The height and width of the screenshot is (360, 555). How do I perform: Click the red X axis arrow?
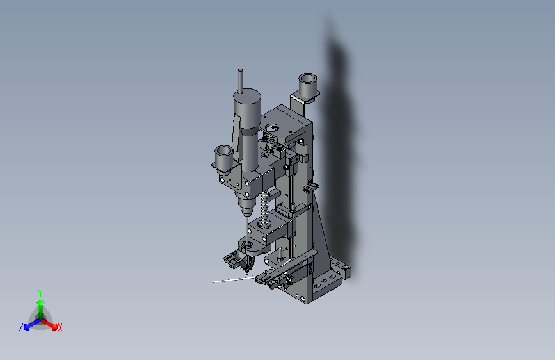coord(51,323)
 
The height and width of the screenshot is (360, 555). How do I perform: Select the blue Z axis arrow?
coord(30,324)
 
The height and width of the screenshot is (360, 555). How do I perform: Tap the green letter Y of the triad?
coord(40,292)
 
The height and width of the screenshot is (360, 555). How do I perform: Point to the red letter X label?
coord(60,327)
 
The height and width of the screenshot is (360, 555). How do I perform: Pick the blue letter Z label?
coord(21,327)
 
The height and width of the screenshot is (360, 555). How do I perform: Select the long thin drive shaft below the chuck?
coord(245,227)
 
